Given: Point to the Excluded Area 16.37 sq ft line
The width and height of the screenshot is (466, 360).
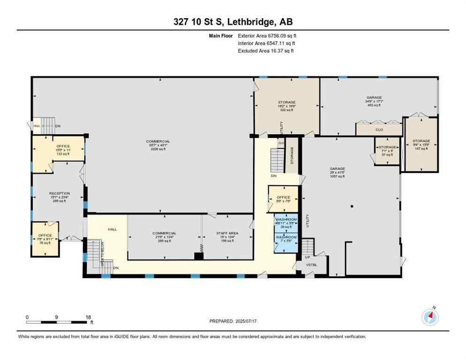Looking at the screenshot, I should coord(266,51).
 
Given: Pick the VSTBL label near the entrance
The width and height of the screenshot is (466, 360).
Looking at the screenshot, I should coord(312,265).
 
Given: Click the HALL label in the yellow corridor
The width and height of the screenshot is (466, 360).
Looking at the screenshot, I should coord(112,229).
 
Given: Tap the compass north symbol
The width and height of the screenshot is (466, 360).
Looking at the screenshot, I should coord(430,317).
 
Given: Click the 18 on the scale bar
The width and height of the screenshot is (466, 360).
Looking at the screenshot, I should coord(88,317).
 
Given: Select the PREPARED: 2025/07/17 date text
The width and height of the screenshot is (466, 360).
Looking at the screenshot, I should coord(234,321).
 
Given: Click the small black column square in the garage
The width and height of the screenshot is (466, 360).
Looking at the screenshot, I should coord(352,206).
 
